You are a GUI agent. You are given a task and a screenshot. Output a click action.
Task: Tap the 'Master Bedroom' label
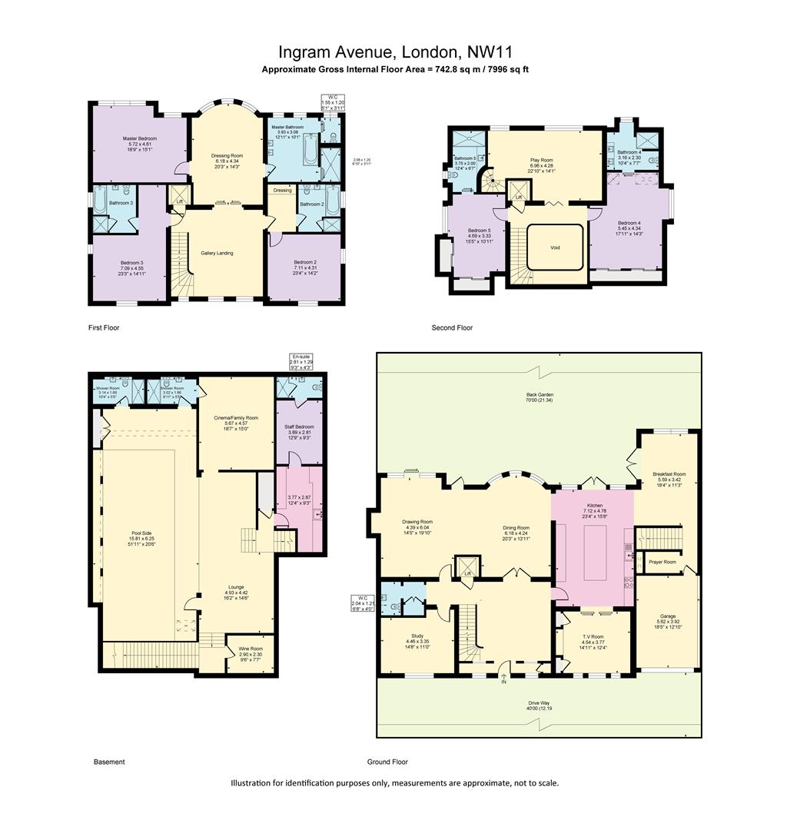coord(140,138)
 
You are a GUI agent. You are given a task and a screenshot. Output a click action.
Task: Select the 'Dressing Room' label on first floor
coord(227,155)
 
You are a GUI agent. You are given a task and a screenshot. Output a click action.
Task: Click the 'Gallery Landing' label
coord(217,253)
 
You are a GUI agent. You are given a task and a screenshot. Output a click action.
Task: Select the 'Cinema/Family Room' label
coord(236,417)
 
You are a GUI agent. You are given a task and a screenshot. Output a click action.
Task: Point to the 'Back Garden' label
coord(540,395)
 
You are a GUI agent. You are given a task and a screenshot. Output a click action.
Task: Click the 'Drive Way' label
coord(540,703)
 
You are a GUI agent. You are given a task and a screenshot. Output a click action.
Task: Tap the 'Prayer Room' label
coord(662,562)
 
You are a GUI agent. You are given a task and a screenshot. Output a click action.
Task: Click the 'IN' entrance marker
coord(504,682)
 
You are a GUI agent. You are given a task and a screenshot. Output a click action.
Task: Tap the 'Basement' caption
coord(109,762)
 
